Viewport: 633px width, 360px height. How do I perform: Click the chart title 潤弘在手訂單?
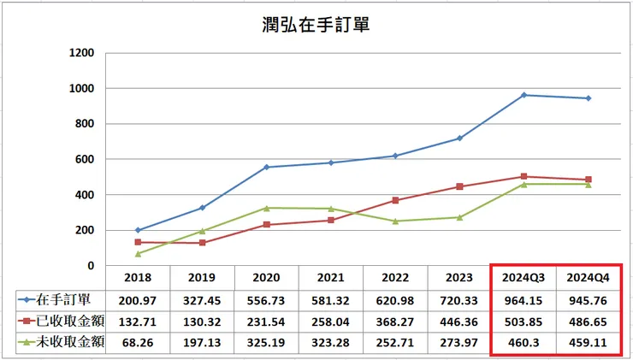tap(316, 25)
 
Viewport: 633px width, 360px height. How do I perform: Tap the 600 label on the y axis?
tap(85, 159)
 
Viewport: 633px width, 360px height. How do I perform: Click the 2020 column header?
tap(266, 277)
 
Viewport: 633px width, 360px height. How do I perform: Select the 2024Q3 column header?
tap(523, 277)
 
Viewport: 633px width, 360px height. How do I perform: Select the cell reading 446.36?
tap(458, 320)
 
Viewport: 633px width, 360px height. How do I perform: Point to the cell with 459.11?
tap(588, 341)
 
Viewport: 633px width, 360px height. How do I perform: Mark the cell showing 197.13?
tap(202, 341)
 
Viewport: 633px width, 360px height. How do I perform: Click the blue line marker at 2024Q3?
tap(524, 95)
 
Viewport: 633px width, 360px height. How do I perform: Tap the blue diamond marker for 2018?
tap(138, 230)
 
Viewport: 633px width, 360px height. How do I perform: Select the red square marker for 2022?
tap(395, 200)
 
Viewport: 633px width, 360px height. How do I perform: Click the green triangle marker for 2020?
tap(267, 208)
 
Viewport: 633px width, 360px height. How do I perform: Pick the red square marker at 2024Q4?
tap(588, 180)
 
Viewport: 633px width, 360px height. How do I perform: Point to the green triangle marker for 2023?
tap(459, 217)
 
